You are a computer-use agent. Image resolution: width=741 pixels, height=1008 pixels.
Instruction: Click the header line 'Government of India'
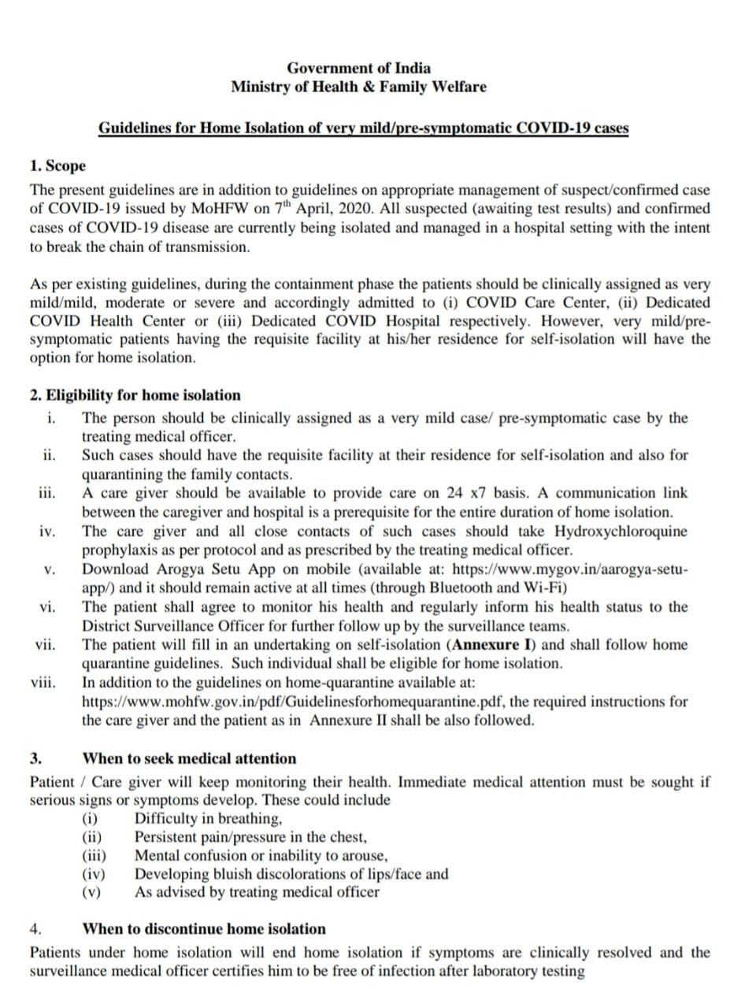click(x=358, y=69)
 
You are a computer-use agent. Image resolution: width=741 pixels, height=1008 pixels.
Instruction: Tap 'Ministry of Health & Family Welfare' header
click(x=358, y=87)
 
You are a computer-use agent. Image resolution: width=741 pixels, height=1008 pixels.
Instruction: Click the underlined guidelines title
click(x=363, y=128)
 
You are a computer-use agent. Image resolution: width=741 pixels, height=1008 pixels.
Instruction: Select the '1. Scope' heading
click(x=57, y=167)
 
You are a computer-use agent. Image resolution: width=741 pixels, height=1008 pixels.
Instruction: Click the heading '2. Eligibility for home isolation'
click(x=135, y=395)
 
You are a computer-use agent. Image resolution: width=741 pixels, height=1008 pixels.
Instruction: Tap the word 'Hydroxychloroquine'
click(x=621, y=532)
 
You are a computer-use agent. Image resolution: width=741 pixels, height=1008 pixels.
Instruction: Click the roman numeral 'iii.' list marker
click(x=46, y=494)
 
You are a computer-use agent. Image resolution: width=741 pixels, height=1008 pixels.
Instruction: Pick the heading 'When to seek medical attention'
click(x=190, y=759)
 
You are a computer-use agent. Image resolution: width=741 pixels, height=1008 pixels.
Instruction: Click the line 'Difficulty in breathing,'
click(x=203, y=818)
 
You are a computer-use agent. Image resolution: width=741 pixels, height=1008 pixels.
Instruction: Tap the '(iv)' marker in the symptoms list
click(x=95, y=874)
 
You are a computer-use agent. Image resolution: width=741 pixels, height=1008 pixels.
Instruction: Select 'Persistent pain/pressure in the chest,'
click(x=251, y=836)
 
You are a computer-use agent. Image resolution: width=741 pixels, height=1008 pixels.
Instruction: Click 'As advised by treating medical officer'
click(x=257, y=892)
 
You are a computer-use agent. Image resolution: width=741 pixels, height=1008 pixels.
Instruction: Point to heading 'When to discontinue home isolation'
click(x=204, y=929)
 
